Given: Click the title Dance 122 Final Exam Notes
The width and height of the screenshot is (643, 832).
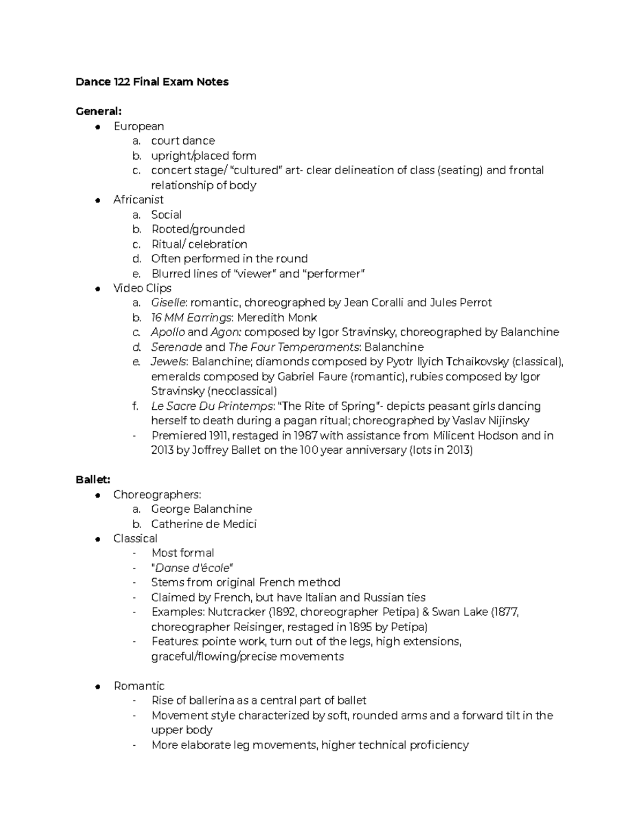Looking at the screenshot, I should (152, 82).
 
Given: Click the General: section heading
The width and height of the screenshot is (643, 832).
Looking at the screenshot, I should (99, 111).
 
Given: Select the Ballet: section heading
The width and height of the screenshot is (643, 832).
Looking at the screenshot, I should (93, 479).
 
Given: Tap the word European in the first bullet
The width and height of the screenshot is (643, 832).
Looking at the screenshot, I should (138, 126).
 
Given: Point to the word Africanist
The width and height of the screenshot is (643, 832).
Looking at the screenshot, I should (138, 200).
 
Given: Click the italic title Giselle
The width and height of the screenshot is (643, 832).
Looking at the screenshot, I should (167, 303).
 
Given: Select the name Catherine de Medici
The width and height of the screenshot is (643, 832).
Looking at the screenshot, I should (204, 524).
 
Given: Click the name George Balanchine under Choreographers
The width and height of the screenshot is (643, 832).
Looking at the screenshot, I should (201, 509).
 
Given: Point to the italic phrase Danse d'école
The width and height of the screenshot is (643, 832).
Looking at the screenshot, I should (194, 568).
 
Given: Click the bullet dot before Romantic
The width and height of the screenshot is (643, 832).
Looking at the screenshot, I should (98, 686).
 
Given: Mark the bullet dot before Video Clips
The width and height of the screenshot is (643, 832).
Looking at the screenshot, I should (98, 289).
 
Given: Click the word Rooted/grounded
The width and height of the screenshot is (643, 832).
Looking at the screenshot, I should (198, 229).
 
